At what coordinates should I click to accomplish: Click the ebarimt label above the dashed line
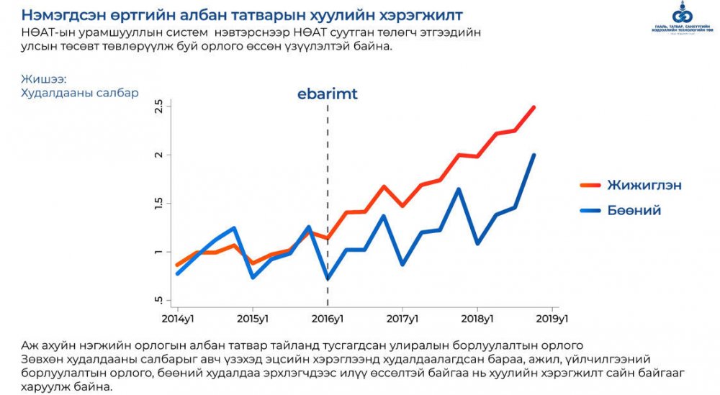pos(328,94)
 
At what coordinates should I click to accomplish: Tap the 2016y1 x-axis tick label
pos(328,318)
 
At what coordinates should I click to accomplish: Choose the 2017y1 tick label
pos(402,318)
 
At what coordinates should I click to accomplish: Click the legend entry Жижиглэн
pos(645,185)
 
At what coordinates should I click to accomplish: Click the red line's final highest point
pos(534,107)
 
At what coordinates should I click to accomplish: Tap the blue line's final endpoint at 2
pos(534,155)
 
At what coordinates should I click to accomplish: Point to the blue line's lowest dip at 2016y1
pos(328,278)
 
